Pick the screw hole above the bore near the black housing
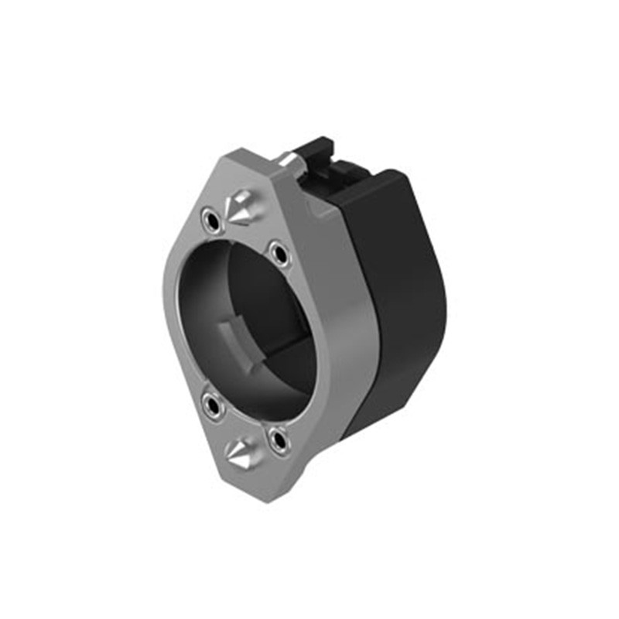[x=277, y=251]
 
